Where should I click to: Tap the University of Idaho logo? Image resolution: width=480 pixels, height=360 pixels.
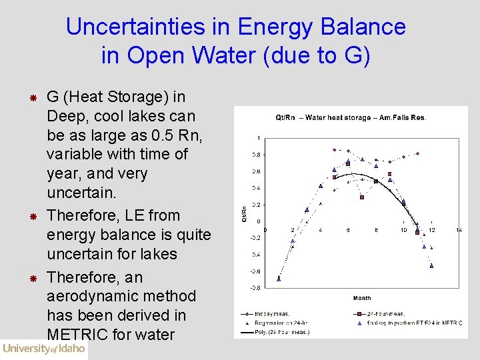pyautogui.click(x=44, y=348)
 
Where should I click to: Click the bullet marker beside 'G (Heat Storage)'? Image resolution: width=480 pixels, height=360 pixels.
pyautogui.click(x=31, y=98)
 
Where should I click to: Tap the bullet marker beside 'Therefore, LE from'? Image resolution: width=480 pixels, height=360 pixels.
pyautogui.click(x=31, y=217)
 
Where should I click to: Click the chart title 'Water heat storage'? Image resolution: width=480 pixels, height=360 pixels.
pyautogui.click(x=351, y=118)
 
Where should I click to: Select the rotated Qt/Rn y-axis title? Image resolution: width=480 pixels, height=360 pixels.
pyautogui.click(x=244, y=213)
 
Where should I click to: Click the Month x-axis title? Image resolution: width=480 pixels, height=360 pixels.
pyautogui.click(x=362, y=298)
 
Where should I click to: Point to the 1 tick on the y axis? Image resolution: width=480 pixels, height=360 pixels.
pyautogui.click(x=259, y=138)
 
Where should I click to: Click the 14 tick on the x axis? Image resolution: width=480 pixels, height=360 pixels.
pyautogui.click(x=459, y=230)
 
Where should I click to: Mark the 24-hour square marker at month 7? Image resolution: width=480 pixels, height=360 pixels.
pyautogui.click(x=362, y=197)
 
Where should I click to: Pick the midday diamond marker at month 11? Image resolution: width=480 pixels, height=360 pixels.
pyautogui.click(x=417, y=153)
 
